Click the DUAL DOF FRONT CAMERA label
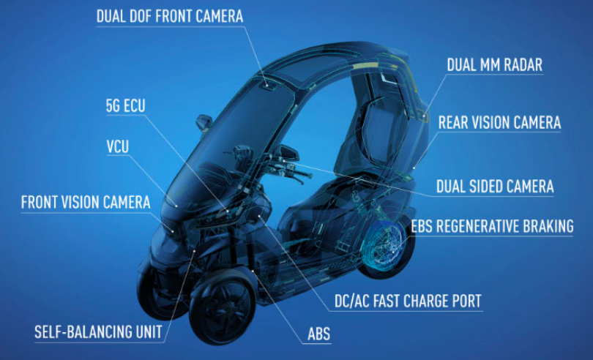coord(170,16)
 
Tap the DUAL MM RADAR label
coord(495,64)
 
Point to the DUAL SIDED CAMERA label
coord(495,187)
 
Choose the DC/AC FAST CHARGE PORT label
coord(408,300)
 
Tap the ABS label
coord(319,334)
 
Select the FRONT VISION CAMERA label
coord(86,202)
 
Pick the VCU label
coord(118,146)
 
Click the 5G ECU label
coord(126,106)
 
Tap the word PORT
coord(466,300)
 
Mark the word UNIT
coord(146,332)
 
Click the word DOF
coord(154,16)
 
